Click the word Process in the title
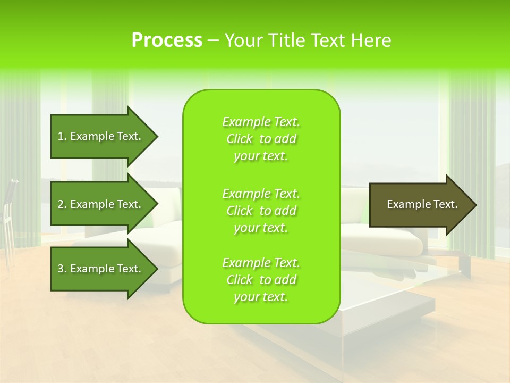tap(167, 40)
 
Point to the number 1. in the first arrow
tap(62, 136)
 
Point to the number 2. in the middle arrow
tap(62, 204)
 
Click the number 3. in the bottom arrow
tap(62, 269)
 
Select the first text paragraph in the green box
tap(261, 139)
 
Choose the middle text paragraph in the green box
tap(261, 211)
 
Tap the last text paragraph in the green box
tap(261, 280)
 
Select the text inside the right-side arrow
tap(422, 204)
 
